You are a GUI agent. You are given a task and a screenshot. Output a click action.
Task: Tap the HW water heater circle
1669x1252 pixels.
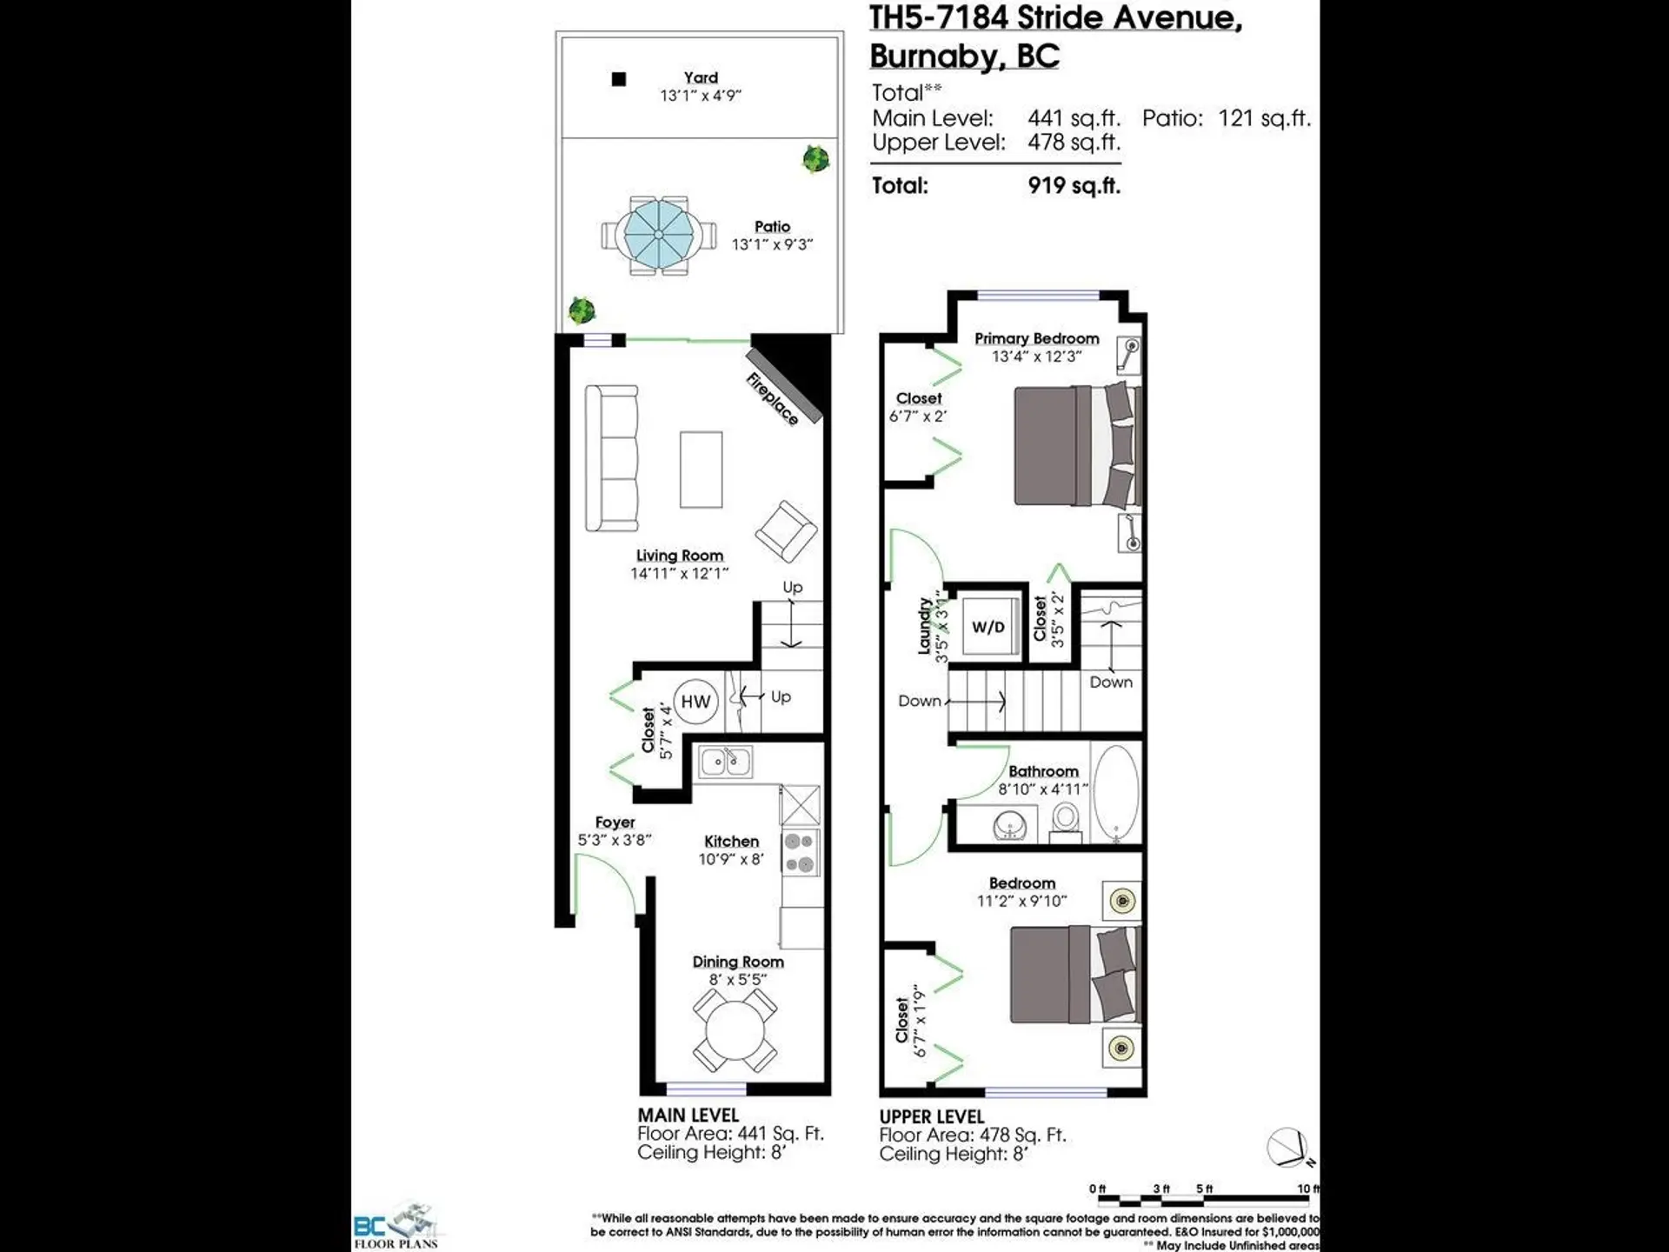point(695,702)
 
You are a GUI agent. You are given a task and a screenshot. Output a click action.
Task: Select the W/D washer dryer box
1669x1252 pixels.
point(988,627)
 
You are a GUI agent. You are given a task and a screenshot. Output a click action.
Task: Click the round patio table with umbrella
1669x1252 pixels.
point(658,235)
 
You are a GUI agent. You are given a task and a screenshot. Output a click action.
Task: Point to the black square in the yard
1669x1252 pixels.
point(619,79)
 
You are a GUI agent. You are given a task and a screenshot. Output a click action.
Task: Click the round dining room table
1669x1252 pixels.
point(735,1031)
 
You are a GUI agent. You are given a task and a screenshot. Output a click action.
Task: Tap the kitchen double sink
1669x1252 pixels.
point(726,763)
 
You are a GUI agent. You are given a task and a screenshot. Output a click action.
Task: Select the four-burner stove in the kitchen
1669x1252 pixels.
point(800,853)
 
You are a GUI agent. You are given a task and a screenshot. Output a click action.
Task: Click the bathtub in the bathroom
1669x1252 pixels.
point(1115,793)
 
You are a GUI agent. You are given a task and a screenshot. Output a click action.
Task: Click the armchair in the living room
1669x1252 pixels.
point(786,531)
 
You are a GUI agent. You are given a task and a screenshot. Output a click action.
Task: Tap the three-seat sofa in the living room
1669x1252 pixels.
point(612,458)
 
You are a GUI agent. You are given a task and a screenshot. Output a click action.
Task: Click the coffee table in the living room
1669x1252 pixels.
point(701,469)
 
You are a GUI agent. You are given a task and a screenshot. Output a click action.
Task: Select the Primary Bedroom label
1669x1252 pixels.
point(1036,338)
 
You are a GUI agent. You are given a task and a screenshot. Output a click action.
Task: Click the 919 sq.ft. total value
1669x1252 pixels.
point(1074,185)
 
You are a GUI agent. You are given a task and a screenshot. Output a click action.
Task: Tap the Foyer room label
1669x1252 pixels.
point(615,822)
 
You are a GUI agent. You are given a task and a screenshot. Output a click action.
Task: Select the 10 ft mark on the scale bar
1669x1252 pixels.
point(1306,1189)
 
